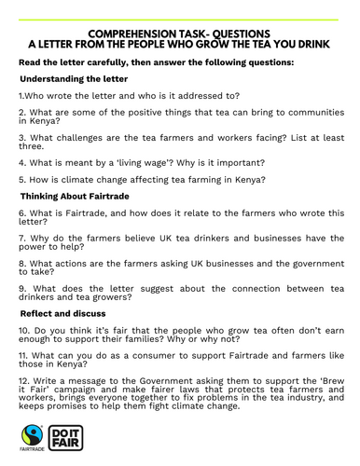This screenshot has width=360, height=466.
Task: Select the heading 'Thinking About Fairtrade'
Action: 74,196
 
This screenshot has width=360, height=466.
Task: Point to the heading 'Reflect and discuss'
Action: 63,314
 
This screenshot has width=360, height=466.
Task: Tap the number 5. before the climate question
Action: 22,180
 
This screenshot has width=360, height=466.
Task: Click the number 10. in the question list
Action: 25,331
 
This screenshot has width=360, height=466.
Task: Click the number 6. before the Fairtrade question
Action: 22,212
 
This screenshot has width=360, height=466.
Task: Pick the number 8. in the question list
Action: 22,264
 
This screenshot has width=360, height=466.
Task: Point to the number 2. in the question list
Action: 22,111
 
